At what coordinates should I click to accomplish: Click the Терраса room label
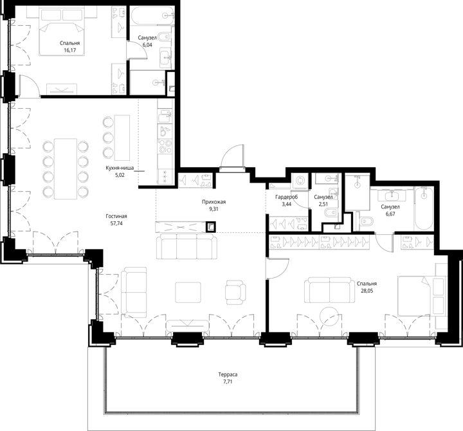[228, 374]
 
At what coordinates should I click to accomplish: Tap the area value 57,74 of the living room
[116, 223]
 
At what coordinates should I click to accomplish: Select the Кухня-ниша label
[120, 168]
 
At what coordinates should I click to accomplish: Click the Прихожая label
[213, 202]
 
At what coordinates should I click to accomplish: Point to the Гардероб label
[286, 197]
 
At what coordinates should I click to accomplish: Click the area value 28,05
[367, 290]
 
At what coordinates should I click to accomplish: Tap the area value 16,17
[69, 50]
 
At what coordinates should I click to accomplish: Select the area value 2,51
[323, 204]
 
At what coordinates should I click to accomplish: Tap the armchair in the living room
[235, 292]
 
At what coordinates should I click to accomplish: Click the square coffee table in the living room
[188, 293]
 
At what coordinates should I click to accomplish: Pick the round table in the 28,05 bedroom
[329, 316]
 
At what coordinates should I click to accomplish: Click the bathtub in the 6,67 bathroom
[424, 208]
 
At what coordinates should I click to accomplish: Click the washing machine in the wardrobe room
[300, 180]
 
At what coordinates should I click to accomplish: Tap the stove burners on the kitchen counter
[165, 146]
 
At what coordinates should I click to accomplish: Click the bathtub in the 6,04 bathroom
[152, 15]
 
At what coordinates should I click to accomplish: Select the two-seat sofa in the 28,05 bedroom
[329, 289]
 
